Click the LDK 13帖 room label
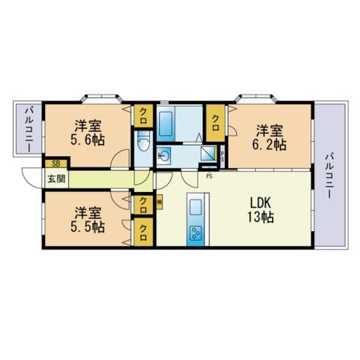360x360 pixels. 260,210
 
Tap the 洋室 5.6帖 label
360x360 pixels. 88,133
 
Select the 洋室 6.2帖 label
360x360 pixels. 269,138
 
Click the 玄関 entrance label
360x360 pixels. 56,178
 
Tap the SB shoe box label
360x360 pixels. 56,164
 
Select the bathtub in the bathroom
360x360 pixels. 166,124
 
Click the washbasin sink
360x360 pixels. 163,156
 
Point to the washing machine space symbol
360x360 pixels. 208,153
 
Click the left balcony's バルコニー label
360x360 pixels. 30,129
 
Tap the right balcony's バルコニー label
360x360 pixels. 329,175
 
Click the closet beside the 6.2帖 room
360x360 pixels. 215,123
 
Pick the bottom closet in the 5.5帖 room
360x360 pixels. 143,232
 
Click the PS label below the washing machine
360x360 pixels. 209,176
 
